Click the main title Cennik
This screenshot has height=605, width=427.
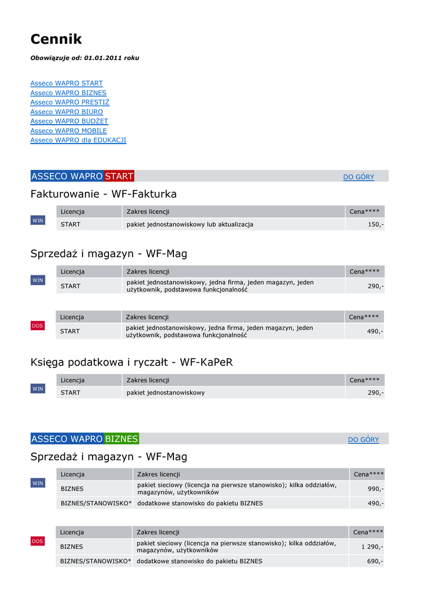tap(56, 40)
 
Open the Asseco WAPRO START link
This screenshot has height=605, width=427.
tap(67, 83)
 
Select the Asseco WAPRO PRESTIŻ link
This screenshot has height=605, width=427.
tap(70, 102)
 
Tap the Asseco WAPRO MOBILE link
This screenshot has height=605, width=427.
tap(68, 131)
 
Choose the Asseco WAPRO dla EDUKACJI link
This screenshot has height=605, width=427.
tap(78, 140)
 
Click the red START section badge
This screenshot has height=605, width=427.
tap(119, 176)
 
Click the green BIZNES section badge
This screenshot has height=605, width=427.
tap(121, 439)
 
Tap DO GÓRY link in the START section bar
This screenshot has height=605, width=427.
tap(359, 177)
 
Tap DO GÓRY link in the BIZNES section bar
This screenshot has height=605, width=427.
tap(363, 440)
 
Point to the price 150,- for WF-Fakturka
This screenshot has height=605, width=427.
tap(375, 225)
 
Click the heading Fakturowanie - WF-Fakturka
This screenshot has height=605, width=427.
tap(103, 194)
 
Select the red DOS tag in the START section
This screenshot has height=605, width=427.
tap(37, 326)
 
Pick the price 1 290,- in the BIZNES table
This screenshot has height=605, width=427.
tap(372, 547)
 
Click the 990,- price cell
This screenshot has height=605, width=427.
tap(375, 489)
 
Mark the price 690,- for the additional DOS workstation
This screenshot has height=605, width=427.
tap(375, 561)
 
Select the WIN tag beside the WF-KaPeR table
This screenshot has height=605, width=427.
tap(38, 389)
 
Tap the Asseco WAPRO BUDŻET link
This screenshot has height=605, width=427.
tap(69, 121)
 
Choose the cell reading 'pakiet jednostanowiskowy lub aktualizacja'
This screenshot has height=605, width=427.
tap(190, 225)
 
